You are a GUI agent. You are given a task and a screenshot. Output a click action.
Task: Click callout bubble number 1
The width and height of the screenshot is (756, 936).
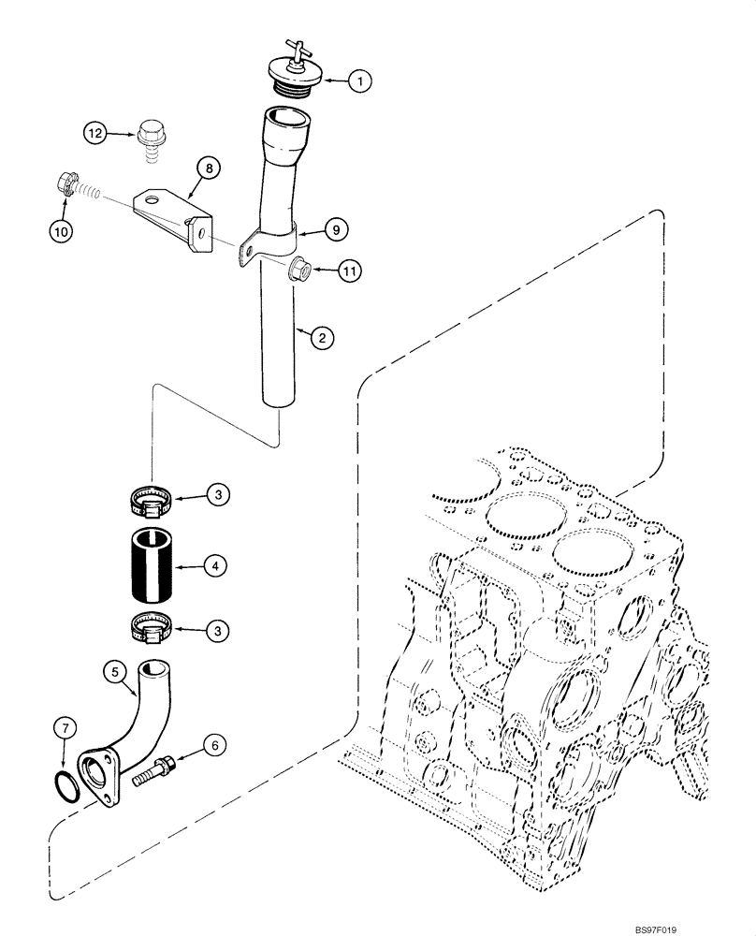358,81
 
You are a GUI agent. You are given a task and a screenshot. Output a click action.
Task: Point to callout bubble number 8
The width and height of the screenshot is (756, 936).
209,168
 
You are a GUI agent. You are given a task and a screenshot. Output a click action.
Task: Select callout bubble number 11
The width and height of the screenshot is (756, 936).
349,272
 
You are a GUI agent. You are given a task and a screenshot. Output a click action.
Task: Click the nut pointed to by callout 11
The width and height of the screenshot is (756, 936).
301,269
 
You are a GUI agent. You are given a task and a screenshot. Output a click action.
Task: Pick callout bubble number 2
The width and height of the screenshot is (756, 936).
321,339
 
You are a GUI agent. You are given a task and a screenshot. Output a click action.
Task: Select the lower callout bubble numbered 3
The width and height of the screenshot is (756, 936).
217,632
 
